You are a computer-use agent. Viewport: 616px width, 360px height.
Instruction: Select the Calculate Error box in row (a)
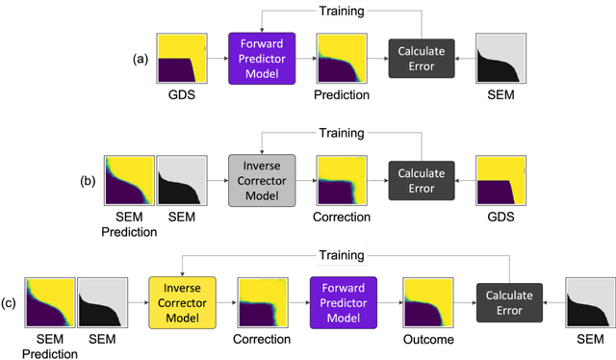click(x=418, y=58)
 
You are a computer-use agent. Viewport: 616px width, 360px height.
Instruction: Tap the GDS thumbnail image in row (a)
click(x=179, y=58)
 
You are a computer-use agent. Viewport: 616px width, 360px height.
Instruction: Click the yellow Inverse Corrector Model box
click(x=179, y=302)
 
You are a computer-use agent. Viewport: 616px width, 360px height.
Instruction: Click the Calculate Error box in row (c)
click(x=509, y=302)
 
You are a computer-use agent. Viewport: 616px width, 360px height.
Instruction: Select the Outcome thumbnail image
click(x=429, y=302)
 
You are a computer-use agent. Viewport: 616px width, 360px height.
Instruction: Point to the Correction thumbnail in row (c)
click(x=263, y=302)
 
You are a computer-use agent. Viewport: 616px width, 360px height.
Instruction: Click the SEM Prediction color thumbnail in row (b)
click(x=128, y=180)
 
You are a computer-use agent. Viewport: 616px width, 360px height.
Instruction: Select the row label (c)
click(x=9, y=302)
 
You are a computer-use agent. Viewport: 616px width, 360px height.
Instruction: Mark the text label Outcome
click(x=429, y=340)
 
